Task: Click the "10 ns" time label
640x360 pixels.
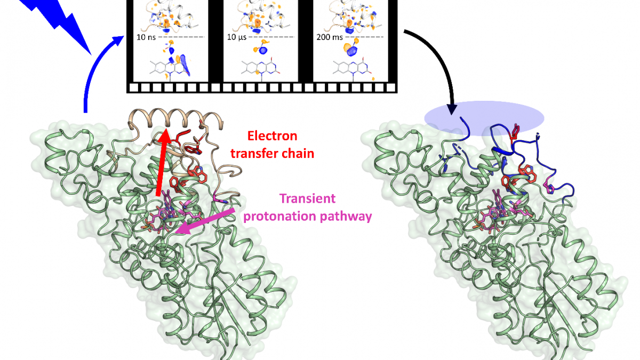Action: point(146,37)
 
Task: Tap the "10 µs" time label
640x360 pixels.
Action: point(237,37)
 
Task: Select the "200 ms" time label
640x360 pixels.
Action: point(330,37)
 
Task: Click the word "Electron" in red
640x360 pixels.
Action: point(273,136)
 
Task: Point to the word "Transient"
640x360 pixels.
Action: point(307,198)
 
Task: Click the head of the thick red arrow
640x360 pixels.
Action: point(166,135)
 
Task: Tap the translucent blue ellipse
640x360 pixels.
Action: point(484,118)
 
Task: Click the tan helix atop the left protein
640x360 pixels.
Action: point(175,118)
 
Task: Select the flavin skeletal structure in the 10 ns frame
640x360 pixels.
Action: point(170,69)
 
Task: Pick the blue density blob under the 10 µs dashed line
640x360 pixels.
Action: point(263,51)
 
